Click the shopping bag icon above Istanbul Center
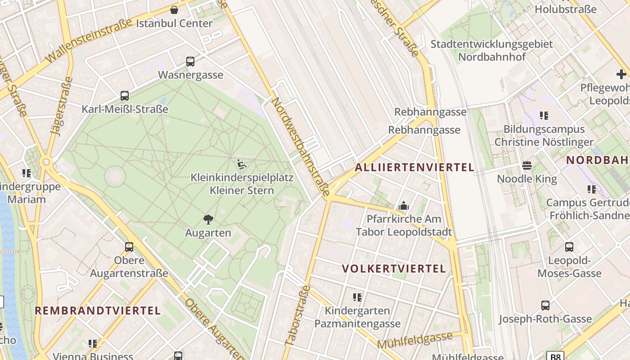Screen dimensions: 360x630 pyautogui.click(x=174, y=10)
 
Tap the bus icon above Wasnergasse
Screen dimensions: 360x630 pyautogui.click(x=190, y=62)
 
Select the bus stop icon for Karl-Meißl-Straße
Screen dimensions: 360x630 pyautogui.click(x=125, y=96)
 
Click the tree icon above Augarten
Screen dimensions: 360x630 pyautogui.click(x=208, y=220)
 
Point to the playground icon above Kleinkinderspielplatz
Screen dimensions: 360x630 pyautogui.click(x=242, y=164)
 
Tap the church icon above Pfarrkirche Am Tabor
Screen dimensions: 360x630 pyautogui.click(x=404, y=206)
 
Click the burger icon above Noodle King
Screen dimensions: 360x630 pyautogui.click(x=527, y=166)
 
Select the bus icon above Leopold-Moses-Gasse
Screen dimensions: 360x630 pyautogui.click(x=569, y=247)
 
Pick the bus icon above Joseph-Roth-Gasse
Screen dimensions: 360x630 pyautogui.click(x=545, y=306)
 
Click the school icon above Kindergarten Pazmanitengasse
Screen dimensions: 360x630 pyautogui.click(x=357, y=297)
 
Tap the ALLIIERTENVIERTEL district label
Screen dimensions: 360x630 pyautogui.click(x=414, y=167)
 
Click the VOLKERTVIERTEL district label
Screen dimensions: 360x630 pyautogui.click(x=394, y=269)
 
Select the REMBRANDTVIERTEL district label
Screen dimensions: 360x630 pyautogui.click(x=98, y=310)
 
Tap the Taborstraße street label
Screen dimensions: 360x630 pyautogui.click(x=298, y=315)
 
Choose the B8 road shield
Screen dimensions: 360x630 pyautogui.click(x=556, y=356)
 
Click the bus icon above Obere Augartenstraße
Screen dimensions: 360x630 pyautogui.click(x=129, y=247)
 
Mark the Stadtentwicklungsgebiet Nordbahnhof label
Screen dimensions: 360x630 pyautogui.click(x=491, y=50)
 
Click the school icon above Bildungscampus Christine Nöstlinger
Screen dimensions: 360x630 pyautogui.click(x=544, y=116)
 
